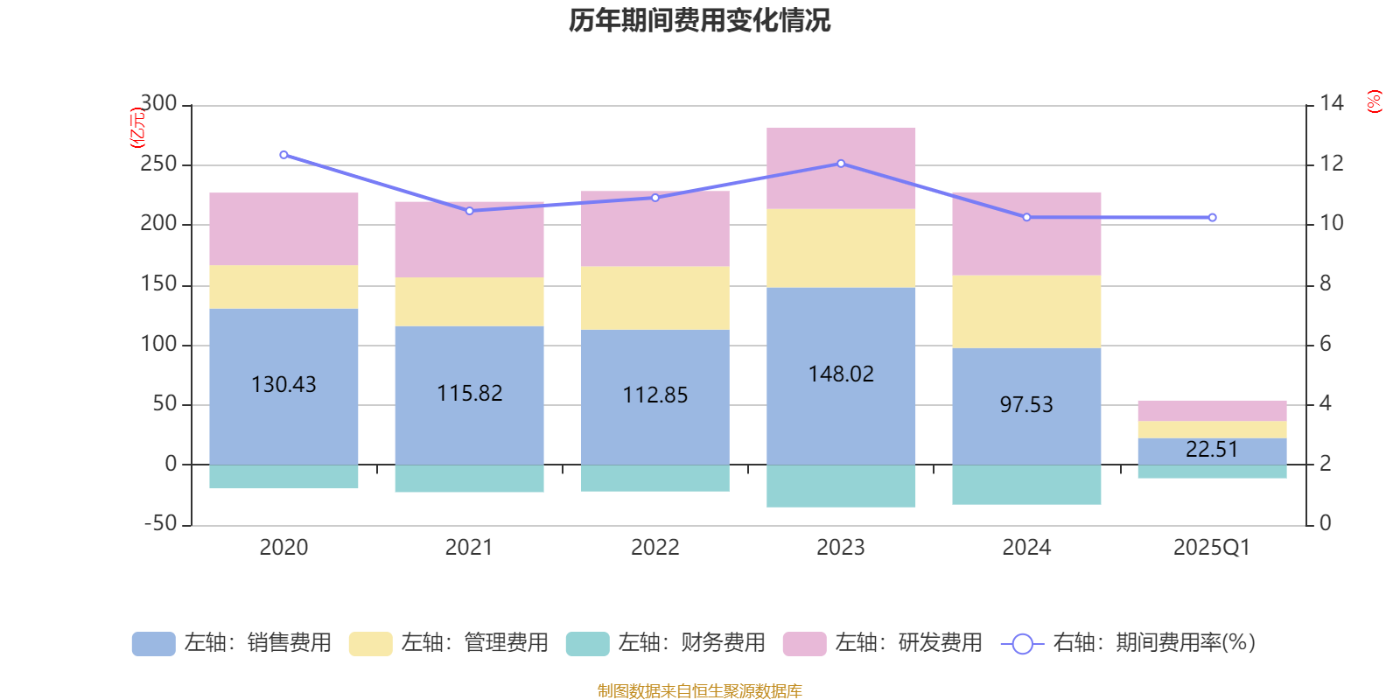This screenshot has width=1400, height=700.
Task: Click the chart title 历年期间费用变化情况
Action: (x=699, y=20)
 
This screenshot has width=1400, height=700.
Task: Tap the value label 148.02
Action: (x=841, y=374)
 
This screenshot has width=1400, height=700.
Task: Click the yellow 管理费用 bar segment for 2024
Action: (x=1026, y=311)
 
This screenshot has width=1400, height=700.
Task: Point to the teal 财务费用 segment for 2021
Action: (x=469, y=479)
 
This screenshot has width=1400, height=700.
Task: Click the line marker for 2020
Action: (x=283, y=155)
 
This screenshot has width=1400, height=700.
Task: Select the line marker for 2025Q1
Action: (x=1212, y=217)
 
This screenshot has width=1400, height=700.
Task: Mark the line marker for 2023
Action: (x=841, y=164)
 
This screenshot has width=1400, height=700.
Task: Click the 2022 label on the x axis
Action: (x=654, y=548)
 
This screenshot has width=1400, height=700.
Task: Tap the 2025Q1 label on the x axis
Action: (x=1211, y=548)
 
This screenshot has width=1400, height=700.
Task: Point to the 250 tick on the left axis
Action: (x=158, y=164)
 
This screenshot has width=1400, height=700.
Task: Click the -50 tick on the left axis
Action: (x=158, y=524)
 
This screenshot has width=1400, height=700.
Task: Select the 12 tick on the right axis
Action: (x=1332, y=164)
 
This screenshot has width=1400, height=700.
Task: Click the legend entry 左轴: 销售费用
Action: (x=232, y=643)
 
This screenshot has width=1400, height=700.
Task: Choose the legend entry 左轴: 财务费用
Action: (x=666, y=643)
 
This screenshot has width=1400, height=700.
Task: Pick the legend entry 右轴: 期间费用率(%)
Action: (x=1129, y=643)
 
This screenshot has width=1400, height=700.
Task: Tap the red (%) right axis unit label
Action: (x=1375, y=101)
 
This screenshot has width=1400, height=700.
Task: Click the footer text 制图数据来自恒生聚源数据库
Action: (x=699, y=691)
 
